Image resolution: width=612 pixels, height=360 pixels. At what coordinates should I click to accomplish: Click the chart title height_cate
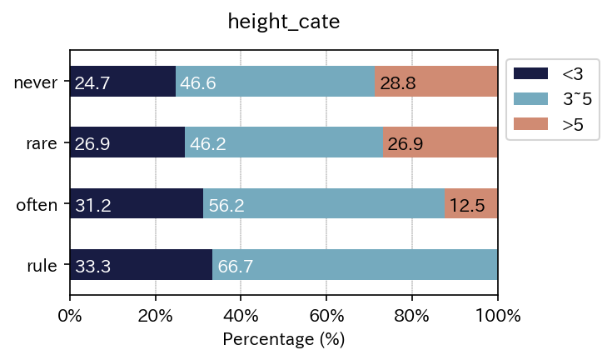click(x=283, y=22)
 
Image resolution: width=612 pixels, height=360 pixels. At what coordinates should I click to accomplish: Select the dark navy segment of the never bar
click(x=122, y=82)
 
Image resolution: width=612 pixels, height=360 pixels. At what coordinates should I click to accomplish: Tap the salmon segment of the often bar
click(x=470, y=204)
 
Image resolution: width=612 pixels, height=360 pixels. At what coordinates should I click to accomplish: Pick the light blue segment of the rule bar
click(x=355, y=266)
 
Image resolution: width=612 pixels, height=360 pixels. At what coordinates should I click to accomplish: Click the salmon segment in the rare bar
click(x=440, y=143)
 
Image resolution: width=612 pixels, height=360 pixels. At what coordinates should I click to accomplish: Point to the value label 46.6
click(x=197, y=83)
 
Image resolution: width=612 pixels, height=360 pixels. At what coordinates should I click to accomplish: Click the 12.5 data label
click(x=467, y=205)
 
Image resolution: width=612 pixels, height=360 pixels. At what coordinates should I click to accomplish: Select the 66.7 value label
click(x=236, y=267)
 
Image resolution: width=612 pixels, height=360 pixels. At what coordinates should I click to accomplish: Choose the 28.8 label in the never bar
click(x=398, y=83)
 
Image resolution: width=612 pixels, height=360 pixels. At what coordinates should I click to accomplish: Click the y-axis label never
click(x=35, y=82)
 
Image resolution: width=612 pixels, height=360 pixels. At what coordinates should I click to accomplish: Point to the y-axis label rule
click(x=41, y=267)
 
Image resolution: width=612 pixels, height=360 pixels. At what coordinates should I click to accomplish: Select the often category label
click(x=37, y=205)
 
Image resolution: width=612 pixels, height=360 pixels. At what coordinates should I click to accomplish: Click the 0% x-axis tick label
click(x=70, y=316)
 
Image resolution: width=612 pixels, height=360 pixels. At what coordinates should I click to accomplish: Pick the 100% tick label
click(x=497, y=316)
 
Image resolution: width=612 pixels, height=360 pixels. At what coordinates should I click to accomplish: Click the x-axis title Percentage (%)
click(x=283, y=340)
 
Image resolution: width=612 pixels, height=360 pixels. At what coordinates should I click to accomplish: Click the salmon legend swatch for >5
click(x=531, y=124)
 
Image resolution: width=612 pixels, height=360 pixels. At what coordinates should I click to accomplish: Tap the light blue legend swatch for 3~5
click(x=531, y=99)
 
